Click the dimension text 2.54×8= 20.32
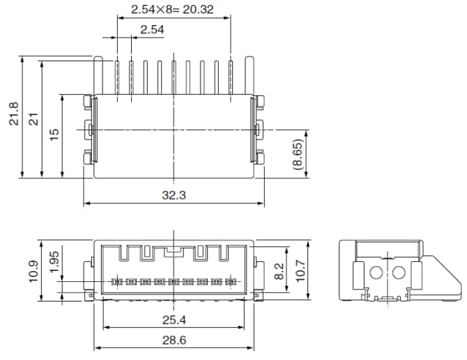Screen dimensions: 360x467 173,10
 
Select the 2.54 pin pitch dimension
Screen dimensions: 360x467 152,29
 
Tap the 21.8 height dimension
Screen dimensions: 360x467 13,116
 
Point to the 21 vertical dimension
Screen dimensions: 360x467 32,119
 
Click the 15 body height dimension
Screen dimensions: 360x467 54,132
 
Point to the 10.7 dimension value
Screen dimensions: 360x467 300,270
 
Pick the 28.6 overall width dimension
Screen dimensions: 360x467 173,339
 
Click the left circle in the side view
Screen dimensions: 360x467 377,272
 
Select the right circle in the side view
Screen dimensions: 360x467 400,272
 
